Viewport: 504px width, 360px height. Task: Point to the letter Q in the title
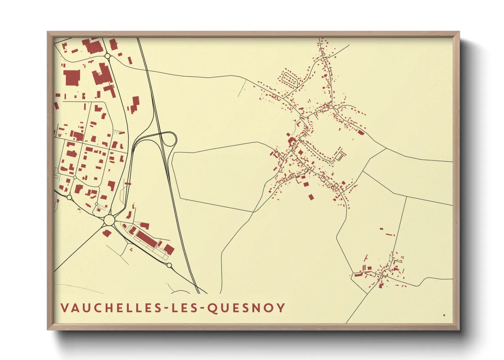tap(212, 308)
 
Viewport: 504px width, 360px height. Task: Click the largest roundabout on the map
tap(109, 220)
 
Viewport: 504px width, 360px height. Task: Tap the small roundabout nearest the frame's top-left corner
tap(108, 56)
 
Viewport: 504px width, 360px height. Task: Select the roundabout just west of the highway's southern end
tap(169, 265)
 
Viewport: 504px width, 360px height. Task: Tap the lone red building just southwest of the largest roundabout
tap(107, 233)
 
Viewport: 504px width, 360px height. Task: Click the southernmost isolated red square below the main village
tap(311, 197)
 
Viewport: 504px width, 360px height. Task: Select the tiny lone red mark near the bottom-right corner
tap(444, 315)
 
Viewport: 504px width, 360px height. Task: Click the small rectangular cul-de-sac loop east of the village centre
tap(340, 156)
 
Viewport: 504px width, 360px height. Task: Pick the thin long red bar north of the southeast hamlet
tap(390, 234)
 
